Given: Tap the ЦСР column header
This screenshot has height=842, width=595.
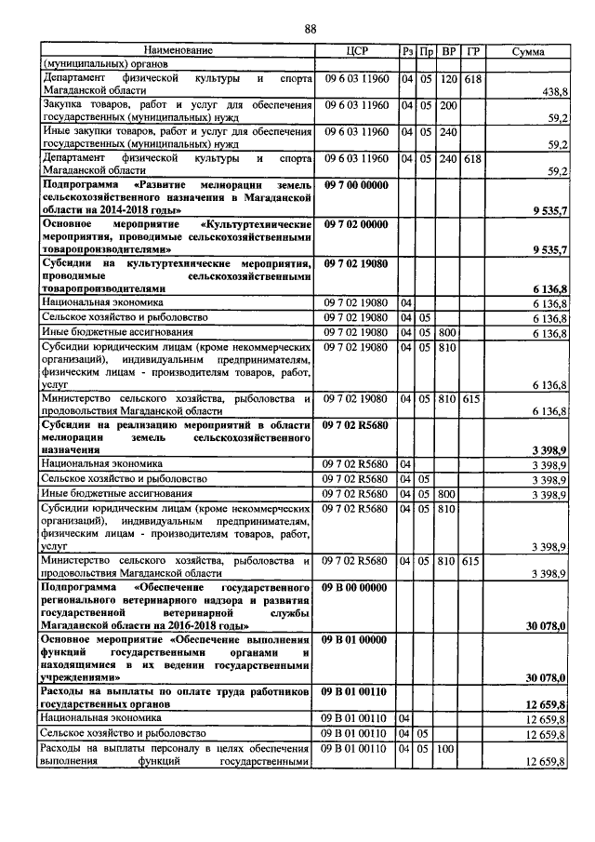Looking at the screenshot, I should (357, 50).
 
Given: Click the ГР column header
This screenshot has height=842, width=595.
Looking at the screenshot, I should (473, 50).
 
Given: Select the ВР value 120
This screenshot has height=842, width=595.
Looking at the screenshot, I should (449, 79).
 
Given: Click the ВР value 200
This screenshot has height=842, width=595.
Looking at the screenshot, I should (449, 105).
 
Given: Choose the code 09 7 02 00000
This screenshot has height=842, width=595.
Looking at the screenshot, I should (356, 225).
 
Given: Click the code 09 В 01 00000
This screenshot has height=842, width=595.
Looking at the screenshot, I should (356, 640).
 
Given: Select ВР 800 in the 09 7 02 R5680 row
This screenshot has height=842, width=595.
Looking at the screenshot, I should (449, 494).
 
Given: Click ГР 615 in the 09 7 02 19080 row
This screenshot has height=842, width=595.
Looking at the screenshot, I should (473, 399).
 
